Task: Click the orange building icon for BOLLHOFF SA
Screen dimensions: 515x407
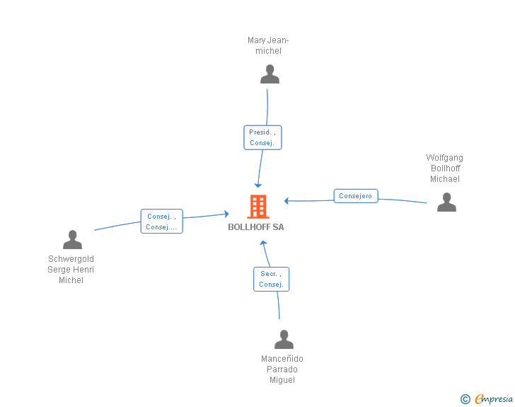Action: click(x=258, y=207)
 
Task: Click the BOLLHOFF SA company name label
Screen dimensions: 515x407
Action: click(x=256, y=227)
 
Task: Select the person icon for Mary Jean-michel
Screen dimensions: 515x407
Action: click(x=270, y=74)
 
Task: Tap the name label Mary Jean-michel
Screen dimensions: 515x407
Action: click(x=268, y=45)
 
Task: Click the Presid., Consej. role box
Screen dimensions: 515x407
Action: click(x=262, y=137)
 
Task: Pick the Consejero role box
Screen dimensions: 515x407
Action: click(x=356, y=196)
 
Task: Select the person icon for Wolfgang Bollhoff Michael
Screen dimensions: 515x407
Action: click(x=446, y=202)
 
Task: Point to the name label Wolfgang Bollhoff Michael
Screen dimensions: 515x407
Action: click(x=445, y=168)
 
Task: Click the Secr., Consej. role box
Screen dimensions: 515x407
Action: click(x=272, y=279)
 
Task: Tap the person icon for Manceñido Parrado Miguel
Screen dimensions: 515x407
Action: click(x=284, y=339)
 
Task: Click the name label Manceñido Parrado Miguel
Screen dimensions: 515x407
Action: click(x=282, y=369)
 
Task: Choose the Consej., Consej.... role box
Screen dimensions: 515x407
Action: click(x=161, y=222)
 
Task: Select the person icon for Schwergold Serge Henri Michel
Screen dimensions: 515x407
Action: click(x=72, y=239)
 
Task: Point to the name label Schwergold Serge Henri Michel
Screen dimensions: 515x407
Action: click(x=71, y=270)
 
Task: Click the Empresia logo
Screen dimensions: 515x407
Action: click(x=494, y=399)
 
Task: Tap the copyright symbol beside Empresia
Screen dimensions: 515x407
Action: click(x=465, y=399)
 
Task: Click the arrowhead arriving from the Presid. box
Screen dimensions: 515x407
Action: click(x=258, y=185)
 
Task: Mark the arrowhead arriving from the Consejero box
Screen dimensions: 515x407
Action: click(x=287, y=200)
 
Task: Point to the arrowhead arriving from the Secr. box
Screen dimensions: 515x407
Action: click(x=263, y=243)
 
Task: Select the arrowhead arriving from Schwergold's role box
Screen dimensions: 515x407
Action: click(x=226, y=214)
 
